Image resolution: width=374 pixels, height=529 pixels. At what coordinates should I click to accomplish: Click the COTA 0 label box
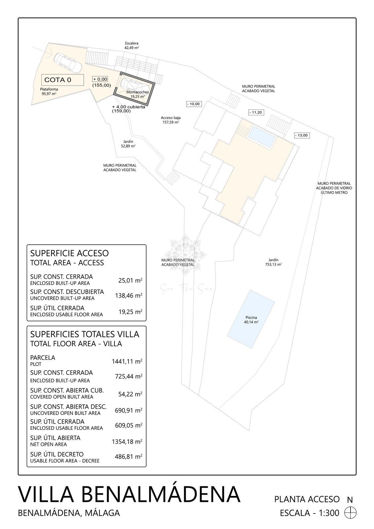[62, 80]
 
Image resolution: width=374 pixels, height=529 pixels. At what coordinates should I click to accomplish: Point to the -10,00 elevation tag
[193, 104]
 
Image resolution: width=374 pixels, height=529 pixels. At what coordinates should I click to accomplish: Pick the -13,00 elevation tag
[302, 135]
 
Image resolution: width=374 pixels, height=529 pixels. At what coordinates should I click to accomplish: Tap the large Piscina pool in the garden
[251, 319]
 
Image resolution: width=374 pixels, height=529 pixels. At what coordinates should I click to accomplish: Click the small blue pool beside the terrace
[262, 136]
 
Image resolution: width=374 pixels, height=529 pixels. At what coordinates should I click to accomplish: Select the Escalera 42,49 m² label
[132, 45]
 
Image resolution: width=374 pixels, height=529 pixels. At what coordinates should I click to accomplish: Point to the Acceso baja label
[171, 120]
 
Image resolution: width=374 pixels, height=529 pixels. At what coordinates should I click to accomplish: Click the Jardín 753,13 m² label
[273, 262]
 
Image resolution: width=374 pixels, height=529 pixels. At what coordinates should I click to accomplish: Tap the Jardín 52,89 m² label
[129, 143]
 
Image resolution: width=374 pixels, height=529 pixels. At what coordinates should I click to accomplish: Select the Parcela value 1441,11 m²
[127, 361]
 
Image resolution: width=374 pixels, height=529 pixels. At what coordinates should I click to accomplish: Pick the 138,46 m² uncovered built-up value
[129, 295]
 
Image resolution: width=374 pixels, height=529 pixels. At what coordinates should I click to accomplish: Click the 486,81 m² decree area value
[129, 457]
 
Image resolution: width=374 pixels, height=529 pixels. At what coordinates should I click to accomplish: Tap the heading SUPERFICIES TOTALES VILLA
[84, 334]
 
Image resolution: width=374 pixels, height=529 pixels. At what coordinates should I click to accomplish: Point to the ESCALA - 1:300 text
[310, 513]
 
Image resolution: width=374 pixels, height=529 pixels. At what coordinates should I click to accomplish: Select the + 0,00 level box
[100, 79]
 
